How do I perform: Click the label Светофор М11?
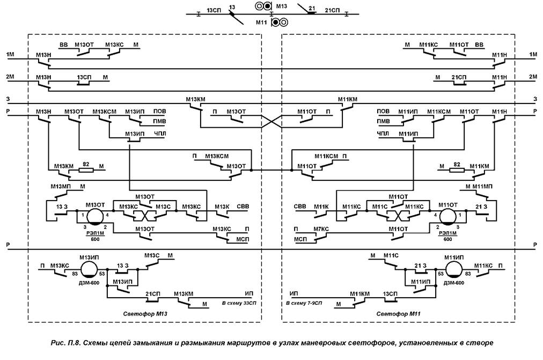[x=397, y=313]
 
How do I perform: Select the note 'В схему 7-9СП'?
[x=307, y=304]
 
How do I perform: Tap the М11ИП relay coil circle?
[x=453, y=269]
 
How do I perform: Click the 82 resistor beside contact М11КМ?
[x=457, y=170]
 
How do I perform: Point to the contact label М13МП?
[x=60, y=186]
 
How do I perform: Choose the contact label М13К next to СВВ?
[x=222, y=207]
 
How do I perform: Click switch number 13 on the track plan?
[x=232, y=6]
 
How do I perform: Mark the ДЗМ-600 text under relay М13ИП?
[x=88, y=282]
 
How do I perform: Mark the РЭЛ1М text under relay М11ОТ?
[x=448, y=233]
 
